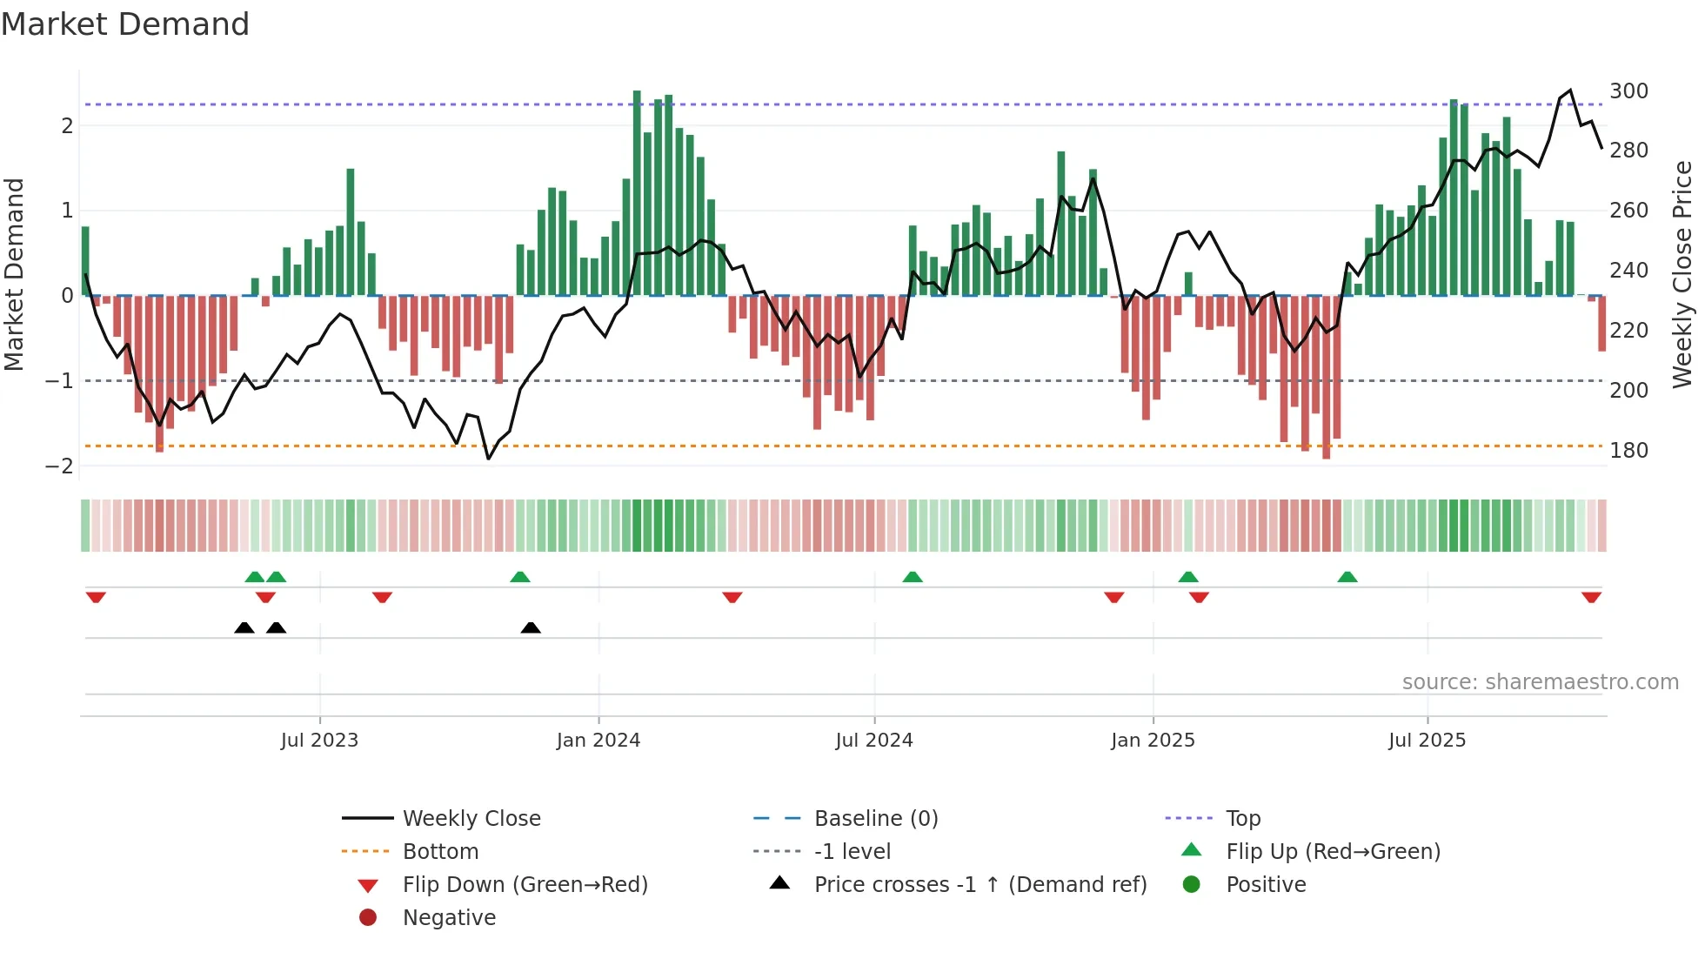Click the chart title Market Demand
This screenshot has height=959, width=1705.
tap(125, 24)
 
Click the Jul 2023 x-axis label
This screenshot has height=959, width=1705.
tap(319, 741)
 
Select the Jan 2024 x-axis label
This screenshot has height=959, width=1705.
tap(598, 741)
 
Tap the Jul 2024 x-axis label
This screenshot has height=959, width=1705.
tap(874, 741)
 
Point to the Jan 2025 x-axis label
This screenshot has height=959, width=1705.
tap(1153, 741)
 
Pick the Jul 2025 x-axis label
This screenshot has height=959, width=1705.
tap(1427, 741)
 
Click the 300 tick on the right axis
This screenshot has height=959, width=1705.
tap(1628, 91)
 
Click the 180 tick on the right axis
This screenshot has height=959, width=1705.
tap(1628, 451)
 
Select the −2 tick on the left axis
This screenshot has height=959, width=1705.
tap(60, 466)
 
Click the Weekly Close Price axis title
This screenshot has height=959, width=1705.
tap(1682, 274)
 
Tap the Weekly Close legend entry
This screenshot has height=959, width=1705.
tap(471, 819)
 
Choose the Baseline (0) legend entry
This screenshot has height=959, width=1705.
tap(875, 819)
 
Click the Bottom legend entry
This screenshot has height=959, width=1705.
tap(440, 852)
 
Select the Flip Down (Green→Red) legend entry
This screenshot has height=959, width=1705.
tap(525, 885)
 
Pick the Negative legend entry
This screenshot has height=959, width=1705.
tap(449, 918)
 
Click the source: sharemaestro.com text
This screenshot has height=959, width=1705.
tap(1540, 682)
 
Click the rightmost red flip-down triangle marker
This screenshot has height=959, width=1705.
tap(1591, 597)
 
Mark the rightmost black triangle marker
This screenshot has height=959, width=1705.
tap(531, 627)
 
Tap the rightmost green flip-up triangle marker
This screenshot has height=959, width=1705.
tap(1347, 577)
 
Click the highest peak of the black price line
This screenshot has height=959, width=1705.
tap(1570, 91)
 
